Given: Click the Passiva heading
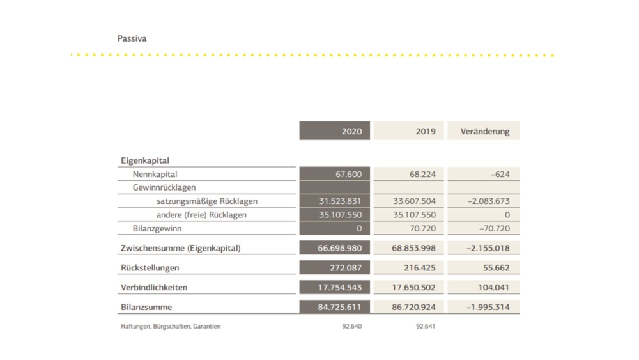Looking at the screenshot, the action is click(132, 38).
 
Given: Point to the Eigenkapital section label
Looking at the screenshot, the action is click(144, 160).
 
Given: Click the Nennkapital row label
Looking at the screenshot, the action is click(155, 174).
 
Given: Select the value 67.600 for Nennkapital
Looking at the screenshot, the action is click(348, 174).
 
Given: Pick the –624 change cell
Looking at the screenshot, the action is click(500, 174).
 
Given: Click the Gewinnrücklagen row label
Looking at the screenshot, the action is click(164, 187).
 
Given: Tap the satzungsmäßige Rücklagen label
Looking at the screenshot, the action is click(207, 201).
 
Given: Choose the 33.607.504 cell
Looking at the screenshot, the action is click(414, 201).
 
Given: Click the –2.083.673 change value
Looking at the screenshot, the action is click(488, 201).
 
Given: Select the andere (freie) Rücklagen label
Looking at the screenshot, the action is click(201, 215).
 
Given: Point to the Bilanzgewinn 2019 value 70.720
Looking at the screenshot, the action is click(422, 228).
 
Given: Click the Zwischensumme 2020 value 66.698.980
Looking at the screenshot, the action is click(339, 248).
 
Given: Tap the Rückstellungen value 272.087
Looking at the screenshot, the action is click(346, 268).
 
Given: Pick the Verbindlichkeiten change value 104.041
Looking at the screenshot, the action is click(493, 288).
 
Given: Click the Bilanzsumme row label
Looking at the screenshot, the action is click(146, 307).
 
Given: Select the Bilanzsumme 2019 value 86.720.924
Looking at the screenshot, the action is click(413, 307).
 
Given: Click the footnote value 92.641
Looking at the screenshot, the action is click(426, 326).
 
